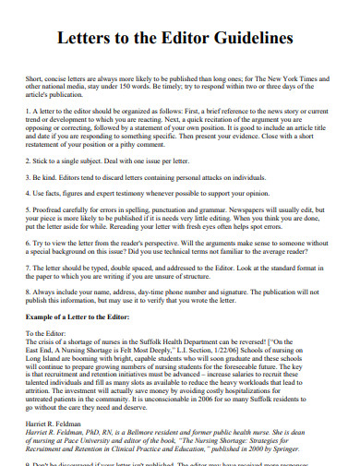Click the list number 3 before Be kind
pyautogui.click(x=28, y=174)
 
